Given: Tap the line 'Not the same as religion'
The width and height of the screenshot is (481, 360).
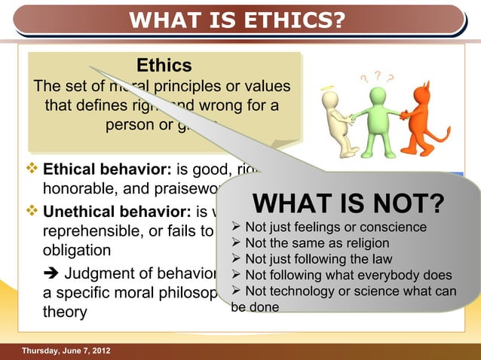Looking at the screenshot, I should (317, 243).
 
